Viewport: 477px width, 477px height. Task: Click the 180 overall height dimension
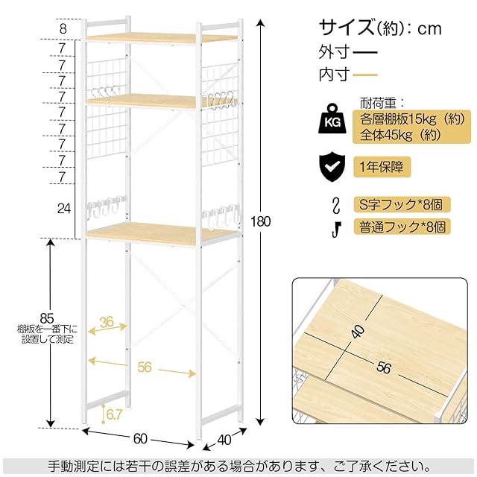260,221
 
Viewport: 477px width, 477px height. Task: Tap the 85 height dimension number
47,318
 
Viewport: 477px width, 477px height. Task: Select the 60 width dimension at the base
140,439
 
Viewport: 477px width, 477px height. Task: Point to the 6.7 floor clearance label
114,414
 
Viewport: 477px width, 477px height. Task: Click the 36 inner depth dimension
107,322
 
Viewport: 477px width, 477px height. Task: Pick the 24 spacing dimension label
64,209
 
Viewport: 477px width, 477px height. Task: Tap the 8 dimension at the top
63,29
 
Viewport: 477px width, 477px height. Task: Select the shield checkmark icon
332,168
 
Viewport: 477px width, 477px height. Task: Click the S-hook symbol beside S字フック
336,206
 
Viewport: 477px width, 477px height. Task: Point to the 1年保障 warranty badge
382,167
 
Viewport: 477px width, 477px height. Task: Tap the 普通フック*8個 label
402,227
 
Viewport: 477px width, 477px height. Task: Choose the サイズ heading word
347,28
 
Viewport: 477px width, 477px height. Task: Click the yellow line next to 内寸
365,75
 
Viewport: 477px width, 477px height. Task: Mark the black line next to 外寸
364,52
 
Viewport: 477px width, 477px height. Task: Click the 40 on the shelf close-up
358,332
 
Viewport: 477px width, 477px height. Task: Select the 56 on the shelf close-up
383,367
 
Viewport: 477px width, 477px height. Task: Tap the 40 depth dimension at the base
224,440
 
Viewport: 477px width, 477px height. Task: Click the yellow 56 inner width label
144,367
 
